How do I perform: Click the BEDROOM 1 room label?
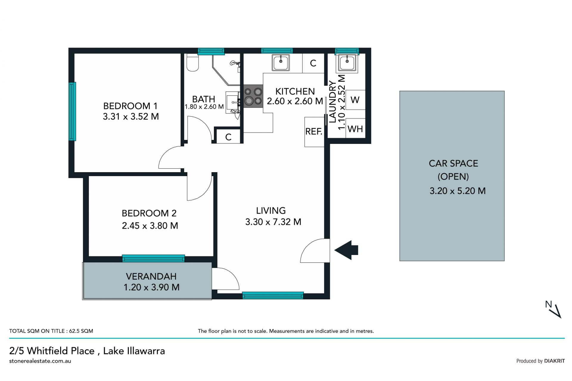point(130,106)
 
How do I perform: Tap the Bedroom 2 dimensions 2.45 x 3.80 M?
point(150,226)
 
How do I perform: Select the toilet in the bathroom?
point(192,63)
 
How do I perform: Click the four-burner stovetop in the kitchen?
point(253,96)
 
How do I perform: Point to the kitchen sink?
point(281,63)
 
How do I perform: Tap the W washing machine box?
point(355,100)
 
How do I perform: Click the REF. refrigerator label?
point(314,131)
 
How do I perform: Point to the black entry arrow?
point(346,250)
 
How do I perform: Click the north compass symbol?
point(553,310)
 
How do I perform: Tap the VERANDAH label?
point(151,276)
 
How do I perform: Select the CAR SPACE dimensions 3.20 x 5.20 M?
point(458,191)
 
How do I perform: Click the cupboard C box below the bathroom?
point(228,137)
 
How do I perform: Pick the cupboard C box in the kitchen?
point(313,63)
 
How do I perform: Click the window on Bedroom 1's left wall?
point(72,111)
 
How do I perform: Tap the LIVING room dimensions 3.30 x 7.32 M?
point(273,222)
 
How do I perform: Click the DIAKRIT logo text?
point(554,361)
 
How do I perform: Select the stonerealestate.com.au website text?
point(40,361)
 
